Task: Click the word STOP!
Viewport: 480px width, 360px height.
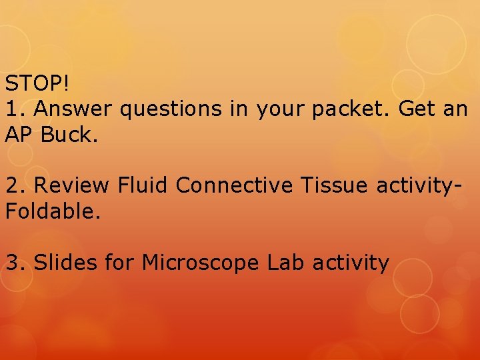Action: click(x=37, y=84)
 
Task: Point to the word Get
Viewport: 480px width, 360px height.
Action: click(x=417, y=108)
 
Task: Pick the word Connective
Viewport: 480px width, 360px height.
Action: click(x=234, y=185)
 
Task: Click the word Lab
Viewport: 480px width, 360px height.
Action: click(x=285, y=263)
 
